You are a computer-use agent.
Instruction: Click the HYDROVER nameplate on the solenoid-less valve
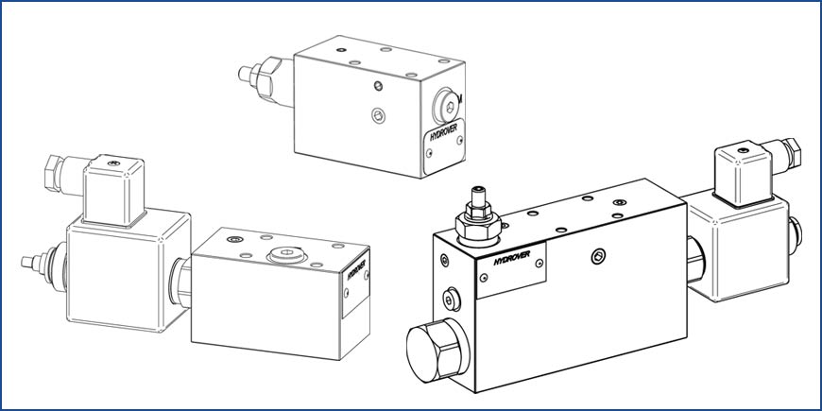[443, 146]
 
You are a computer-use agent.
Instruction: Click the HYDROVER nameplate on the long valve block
[512, 269]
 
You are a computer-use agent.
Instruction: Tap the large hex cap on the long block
[437, 350]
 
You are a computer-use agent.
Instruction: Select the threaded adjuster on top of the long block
[477, 216]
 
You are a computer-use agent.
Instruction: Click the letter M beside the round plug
[460, 98]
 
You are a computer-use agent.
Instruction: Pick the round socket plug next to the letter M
[446, 107]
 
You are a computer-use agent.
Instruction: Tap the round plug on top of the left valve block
[285, 255]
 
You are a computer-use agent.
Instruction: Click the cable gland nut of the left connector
[54, 172]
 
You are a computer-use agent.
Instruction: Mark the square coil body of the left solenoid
[128, 269]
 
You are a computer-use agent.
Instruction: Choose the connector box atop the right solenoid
[744, 177]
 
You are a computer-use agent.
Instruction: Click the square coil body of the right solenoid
[739, 247]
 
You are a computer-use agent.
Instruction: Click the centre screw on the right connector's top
[744, 150]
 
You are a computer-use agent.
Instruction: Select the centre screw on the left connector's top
[113, 163]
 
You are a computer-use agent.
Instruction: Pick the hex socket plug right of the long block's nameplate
[598, 256]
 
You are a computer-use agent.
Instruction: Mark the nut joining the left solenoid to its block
[180, 283]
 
